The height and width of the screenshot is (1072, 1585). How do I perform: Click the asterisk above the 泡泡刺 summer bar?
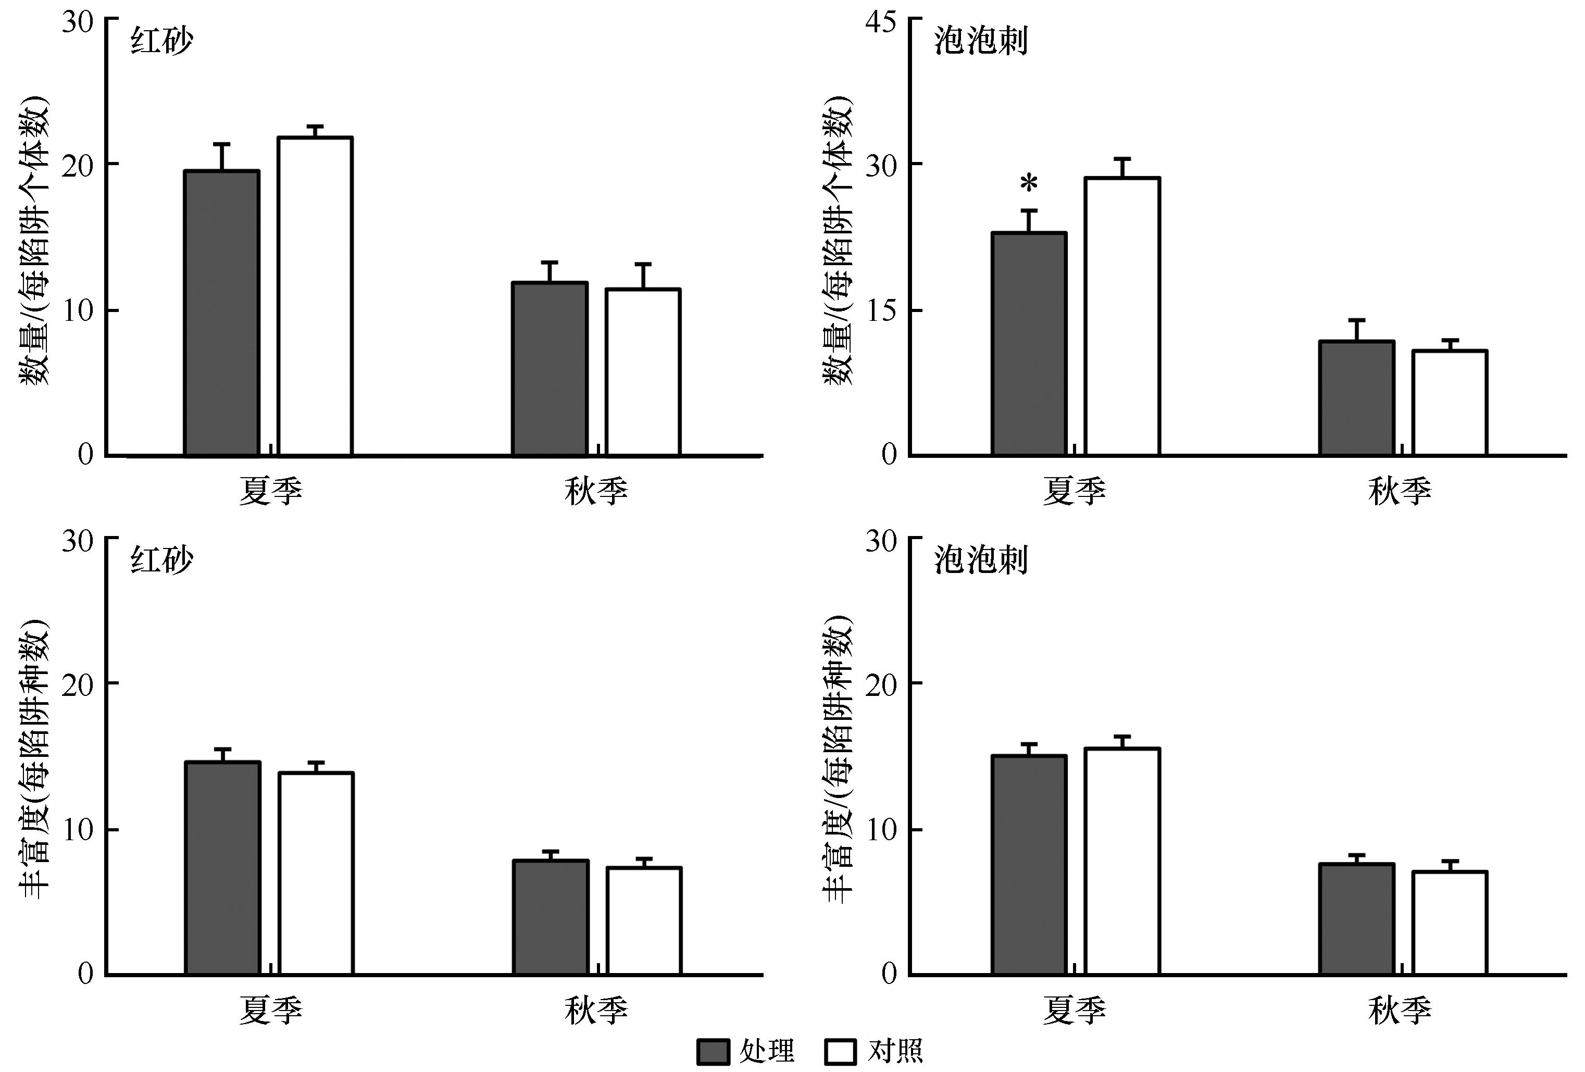point(1029,184)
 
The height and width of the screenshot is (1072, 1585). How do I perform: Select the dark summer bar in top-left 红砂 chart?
point(222,313)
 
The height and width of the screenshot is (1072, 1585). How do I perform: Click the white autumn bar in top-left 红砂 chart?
point(643,372)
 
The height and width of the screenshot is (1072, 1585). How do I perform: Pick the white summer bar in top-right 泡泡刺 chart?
point(1122,316)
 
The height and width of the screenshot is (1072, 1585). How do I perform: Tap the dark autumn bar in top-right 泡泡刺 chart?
point(1356,398)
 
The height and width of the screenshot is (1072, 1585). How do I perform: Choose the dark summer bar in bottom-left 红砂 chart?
point(222,868)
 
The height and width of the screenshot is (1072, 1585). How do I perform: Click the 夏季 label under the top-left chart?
point(271,490)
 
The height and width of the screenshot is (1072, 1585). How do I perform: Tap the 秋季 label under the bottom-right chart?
point(1400,1009)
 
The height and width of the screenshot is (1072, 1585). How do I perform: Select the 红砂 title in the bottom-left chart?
point(163,560)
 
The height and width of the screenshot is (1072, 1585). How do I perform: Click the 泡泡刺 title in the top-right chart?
point(981,42)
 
